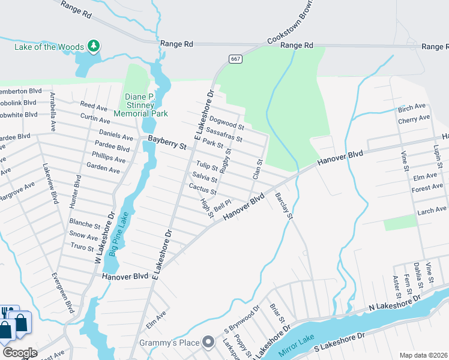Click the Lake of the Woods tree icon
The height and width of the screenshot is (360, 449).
(93, 46)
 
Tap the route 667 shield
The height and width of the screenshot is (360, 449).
(235, 58)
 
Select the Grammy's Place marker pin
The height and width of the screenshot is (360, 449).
(208, 343)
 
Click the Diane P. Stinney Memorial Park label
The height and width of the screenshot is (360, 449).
(146, 105)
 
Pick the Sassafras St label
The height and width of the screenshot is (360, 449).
(224, 134)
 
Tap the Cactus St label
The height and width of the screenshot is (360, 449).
(202, 188)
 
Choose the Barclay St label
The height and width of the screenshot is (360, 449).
(283, 206)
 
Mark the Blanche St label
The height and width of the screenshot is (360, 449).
(85, 225)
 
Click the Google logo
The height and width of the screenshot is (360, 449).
(20, 353)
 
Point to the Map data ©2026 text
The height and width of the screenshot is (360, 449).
(423, 355)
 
